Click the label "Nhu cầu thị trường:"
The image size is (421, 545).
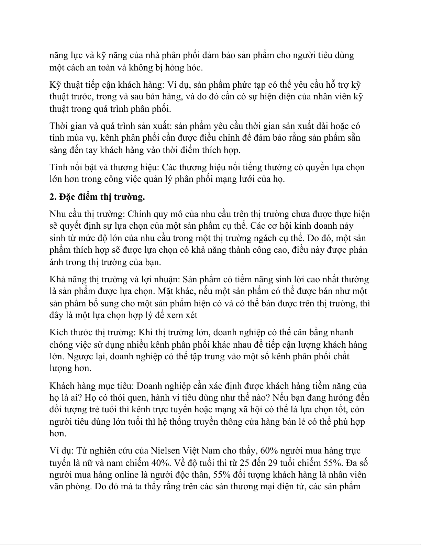click(87, 214)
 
